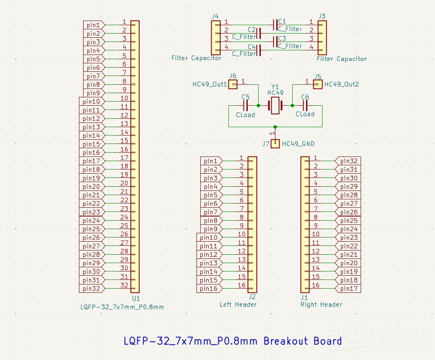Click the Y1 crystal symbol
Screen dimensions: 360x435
point(275,105)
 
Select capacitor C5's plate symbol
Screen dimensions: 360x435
point(246,105)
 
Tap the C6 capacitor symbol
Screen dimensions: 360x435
point(305,105)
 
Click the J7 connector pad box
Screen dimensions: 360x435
point(275,143)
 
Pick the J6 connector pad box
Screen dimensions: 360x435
point(233,84)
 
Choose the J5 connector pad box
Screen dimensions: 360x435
point(318,84)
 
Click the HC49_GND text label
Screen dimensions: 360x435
point(298,144)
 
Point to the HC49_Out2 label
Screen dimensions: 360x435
point(341,84)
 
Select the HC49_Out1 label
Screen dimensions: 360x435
point(210,84)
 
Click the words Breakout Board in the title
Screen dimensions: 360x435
point(302,341)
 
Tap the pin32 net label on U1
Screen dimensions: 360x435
point(92,289)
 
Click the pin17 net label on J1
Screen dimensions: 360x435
point(349,289)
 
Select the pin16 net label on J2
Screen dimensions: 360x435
point(209,289)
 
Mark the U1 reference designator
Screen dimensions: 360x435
point(136,299)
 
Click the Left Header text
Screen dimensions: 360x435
point(238,305)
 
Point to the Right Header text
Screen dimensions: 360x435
point(321,305)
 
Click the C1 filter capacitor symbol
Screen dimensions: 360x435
point(275,25)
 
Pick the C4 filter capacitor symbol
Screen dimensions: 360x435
point(259,50)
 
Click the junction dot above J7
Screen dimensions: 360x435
point(275,127)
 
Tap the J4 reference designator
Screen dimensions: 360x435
point(215,16)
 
